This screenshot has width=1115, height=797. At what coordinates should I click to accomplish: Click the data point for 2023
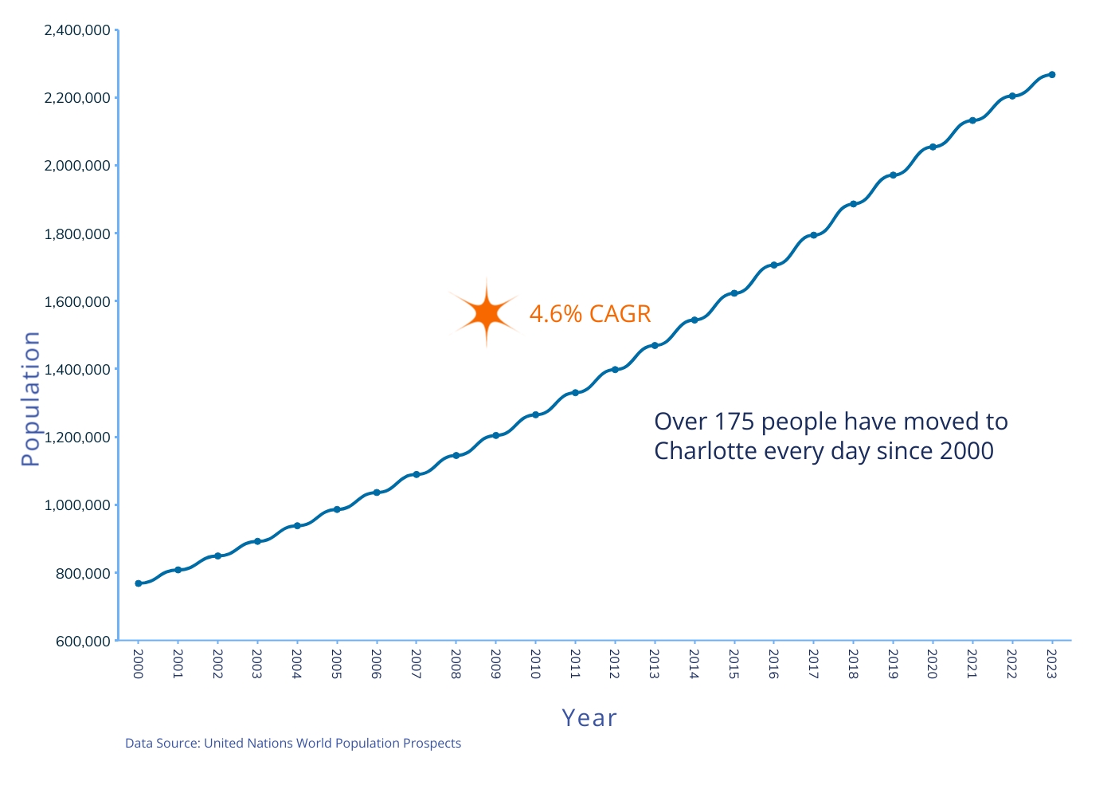(1052, 75)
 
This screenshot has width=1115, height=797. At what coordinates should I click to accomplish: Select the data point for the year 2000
(139, 583)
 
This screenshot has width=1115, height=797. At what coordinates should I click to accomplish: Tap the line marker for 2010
(535, 415)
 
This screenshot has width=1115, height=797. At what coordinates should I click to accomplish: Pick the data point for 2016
(773, 265)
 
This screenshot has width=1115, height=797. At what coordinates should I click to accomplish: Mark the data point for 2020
(933, 147)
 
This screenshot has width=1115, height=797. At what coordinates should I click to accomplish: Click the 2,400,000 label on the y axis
(77, 30)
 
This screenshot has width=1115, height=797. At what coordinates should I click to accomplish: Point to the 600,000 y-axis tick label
(83, 641)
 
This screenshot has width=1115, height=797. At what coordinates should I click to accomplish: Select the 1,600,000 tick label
(77, 302)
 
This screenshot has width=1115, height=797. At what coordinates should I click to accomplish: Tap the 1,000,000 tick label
(77, 505)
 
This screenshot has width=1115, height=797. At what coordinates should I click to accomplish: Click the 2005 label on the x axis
(336, 664)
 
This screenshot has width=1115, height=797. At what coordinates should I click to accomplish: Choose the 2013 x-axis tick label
(655, 664)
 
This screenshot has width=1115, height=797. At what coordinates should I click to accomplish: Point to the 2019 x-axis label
(893, 664)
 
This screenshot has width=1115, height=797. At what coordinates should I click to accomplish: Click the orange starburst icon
(487, 313)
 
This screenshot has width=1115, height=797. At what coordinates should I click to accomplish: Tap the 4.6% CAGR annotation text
(590, 314)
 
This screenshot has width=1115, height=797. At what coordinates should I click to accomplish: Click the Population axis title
(30, 398)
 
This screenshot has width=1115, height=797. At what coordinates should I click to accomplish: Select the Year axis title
(589, 718)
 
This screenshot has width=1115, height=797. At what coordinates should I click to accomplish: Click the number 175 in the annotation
(734, 422)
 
